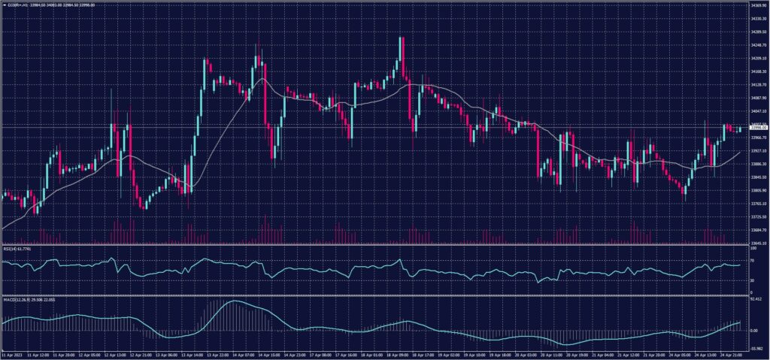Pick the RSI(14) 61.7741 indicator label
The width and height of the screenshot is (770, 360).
click(20, 248)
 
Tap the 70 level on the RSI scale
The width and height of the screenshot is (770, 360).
click(752, 261)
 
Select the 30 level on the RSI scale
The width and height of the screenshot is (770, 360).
click(752, 280)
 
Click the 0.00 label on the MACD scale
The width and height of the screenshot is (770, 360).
click(754, 331)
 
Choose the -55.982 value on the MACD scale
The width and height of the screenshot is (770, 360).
click(756, 348)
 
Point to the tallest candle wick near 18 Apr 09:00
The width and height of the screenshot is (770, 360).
click(402, 39)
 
